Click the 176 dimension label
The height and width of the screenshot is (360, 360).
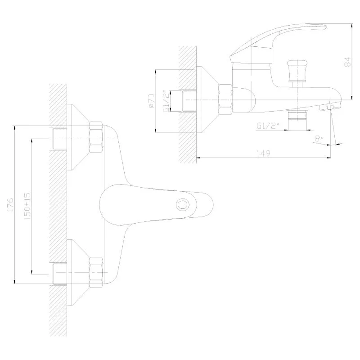pos(10,205)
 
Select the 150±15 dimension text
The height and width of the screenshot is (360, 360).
pos(27,207)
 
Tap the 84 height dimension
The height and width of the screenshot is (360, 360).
pos(347,62)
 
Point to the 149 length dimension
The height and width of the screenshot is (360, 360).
pos(263,153)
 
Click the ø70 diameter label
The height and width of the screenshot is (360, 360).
pos(152,100)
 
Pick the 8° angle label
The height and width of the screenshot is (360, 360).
pos(319,139)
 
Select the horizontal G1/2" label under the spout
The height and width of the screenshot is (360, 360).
pos(268,126)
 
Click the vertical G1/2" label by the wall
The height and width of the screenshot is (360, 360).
pos(167,101)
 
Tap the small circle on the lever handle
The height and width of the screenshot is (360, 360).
pos(182,205)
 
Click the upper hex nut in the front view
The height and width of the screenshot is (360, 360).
pos(96,137)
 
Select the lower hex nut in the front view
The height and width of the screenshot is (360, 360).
pos(96,272)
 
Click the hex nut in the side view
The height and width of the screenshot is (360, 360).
pos(225,99)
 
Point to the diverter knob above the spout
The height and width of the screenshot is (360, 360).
pos(297,71)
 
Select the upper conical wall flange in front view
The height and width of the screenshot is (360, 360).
pos(78,137)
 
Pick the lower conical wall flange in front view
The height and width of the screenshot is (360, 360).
pos(78,272)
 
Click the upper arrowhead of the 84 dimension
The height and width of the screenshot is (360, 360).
pos(352,26)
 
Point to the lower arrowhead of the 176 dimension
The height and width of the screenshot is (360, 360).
pos(15,281)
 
